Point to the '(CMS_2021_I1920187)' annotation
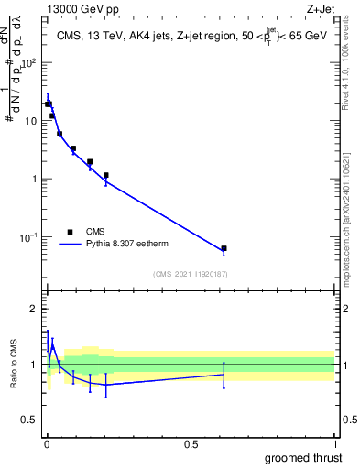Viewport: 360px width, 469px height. [x=190, y=274]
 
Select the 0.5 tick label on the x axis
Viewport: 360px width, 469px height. [x=191, y=444]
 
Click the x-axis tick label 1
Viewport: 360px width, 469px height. [x=334, y=444]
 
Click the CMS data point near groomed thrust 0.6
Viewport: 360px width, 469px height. [x=224, y=248]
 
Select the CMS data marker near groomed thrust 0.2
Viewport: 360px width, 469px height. [x=106, y=175]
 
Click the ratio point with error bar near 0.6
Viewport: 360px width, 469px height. [x=224, y=374]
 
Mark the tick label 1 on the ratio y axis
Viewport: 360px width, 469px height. [x=35, y=365]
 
